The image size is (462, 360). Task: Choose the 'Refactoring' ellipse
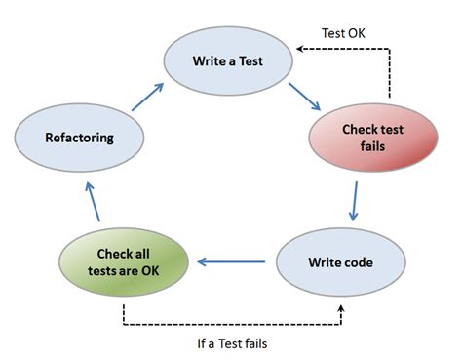(x=80, y=138)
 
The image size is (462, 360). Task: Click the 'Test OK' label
(x=343, y=32)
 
